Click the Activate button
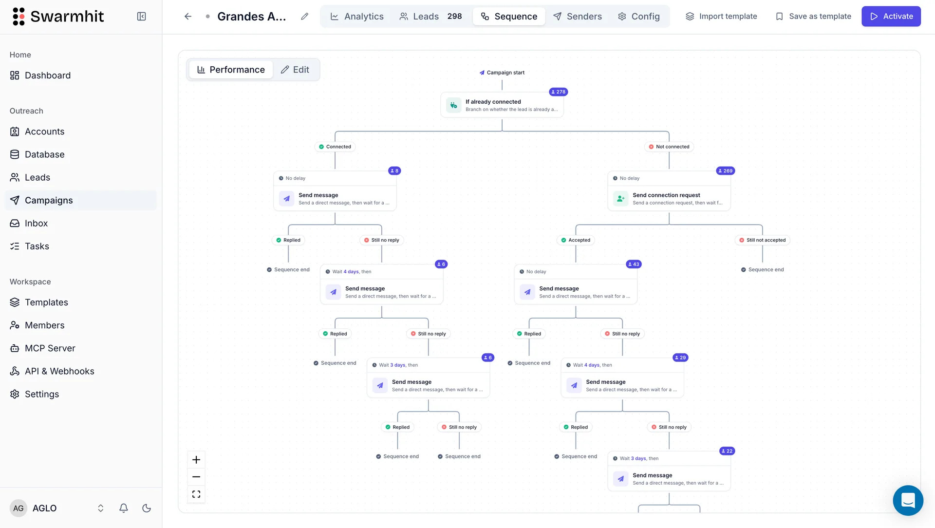coord(891,16)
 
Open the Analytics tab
coord(357,16)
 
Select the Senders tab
coord(578,16)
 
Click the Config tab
coord(638,16)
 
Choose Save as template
coord(813,16)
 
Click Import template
coord(721,16)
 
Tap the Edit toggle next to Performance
coord(295,70)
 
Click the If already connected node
coord(502,105)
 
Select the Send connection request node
coord(669,198)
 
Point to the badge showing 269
coord(726,171)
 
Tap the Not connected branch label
coord(669,147)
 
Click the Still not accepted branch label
coord(763,240)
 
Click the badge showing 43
coord(634,264)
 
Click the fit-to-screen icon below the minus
coord(196,494)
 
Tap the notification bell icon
coord(124,508)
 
